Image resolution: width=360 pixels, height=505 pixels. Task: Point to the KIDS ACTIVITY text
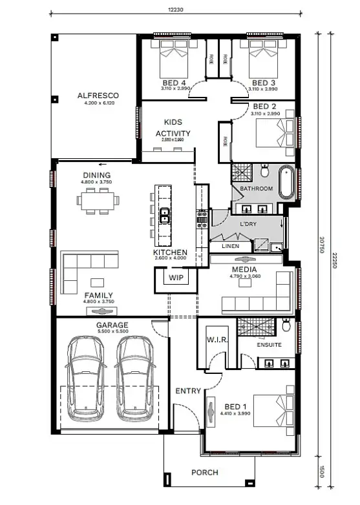click(173, 128)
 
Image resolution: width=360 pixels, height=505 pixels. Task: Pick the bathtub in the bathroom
click(286, 182)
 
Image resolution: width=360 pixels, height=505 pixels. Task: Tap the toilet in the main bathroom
click(265, 172)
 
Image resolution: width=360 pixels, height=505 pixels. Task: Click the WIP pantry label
click(176, 277)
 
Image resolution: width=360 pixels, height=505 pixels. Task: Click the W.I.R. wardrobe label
click(215, 339)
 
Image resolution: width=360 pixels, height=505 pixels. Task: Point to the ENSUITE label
click(269, 345)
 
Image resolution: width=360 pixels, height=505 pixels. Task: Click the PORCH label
click(204, 473)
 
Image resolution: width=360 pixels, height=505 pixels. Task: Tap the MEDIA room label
click(243, 269)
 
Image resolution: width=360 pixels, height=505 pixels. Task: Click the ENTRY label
click(188, 391)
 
